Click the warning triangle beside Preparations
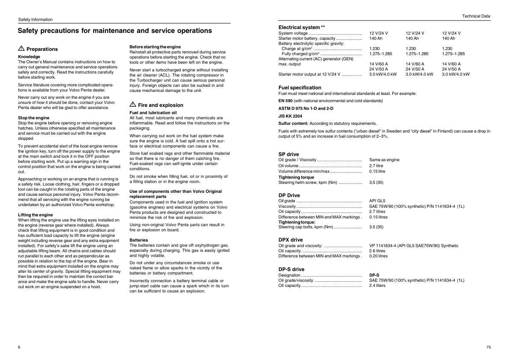[21, 49]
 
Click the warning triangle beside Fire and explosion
[132, 105]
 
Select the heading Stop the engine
[34, 118]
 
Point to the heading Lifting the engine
[35, 215]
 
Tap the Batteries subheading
[138, 240]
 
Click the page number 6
[19, 347]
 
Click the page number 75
[488, 347]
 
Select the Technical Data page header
[476, 16]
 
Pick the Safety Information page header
[35, 20]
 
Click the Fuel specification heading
[300, 88]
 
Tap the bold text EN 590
[285, 101]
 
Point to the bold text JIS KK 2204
[290, 116]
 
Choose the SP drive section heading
[288, 154]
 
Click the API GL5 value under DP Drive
[377, 201]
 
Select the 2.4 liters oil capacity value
[377, 286]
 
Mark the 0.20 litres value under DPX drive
[378, 256]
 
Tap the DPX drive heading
[290, 240]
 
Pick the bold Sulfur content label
[293, 123]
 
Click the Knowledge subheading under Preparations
[29, 57]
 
